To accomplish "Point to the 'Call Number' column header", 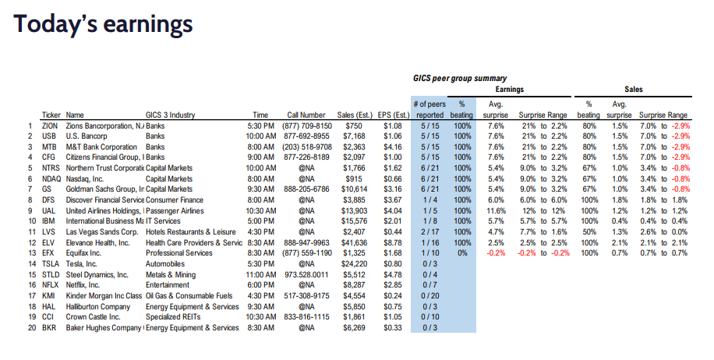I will pos(306,115).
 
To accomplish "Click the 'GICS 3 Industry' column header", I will pos(176,115).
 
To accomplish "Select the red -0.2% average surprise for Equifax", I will pos(495,254).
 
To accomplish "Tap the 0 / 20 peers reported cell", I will pos(429,296).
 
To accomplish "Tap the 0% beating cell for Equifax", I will pos(462,254).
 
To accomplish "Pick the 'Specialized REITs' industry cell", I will pos(177,317).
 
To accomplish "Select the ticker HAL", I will pos(50,306).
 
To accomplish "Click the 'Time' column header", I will pos(260,115).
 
